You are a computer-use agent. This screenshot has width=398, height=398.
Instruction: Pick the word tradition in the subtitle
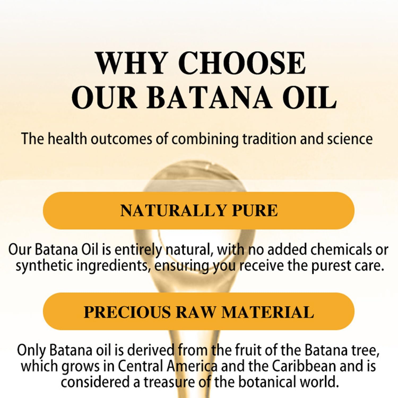pos(269,139)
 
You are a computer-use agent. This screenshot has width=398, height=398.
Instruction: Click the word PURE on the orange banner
pos(254,211)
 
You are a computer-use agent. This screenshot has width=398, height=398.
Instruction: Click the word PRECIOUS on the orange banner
pos(127,312)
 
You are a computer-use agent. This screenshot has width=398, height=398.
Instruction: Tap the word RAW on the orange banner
pos(196,312)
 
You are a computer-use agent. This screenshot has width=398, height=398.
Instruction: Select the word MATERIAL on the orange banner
pos(268,312)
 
